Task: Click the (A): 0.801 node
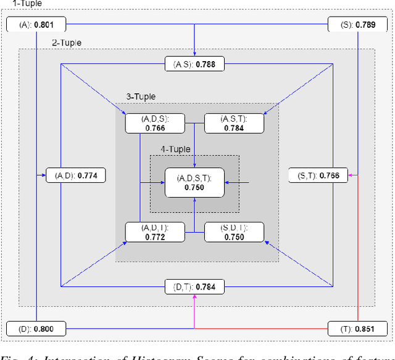point(36,25)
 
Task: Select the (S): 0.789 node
point(359,25)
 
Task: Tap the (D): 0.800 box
point(36,329)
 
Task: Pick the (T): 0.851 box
point(358,329)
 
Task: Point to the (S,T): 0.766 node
point(318,176)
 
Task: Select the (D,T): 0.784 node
point(194,286)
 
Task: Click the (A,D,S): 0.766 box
point(155,123)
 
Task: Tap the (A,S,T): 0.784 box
point(234,123)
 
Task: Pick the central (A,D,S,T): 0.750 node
point(194,182)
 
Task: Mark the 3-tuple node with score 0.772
point(155,232)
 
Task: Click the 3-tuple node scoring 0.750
point(234,232)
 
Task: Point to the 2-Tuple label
point(65,43)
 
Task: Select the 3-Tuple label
point(141,96)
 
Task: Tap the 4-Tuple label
point(175,149)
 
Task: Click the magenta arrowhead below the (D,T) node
point(194,297)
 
